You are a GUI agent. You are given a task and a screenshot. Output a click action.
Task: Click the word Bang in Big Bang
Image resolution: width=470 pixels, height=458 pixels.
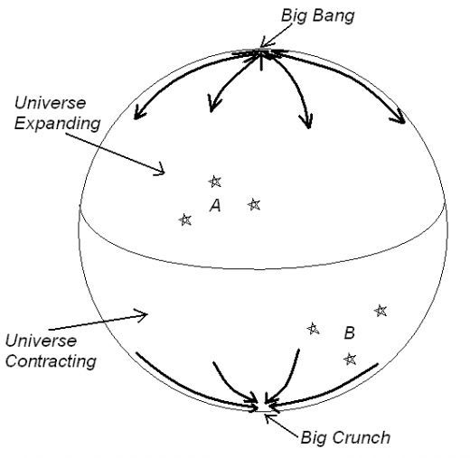click(x=334, y=16)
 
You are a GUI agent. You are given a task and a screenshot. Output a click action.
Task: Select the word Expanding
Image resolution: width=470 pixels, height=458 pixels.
click(x=57, y=124)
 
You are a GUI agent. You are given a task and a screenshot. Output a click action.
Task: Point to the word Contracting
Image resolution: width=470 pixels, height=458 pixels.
click(x=51, y=361)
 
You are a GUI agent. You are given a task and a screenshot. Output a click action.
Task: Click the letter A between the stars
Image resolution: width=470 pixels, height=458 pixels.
click(x=215, y=206)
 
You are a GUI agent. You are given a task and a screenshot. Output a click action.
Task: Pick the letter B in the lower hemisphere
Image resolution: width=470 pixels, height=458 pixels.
click(x=350, y=332)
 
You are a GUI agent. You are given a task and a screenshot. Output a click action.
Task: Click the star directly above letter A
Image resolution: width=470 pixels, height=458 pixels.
click(x=215, y=182)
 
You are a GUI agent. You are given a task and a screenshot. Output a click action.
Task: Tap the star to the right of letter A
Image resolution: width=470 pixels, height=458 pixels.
click(x=254, y=204)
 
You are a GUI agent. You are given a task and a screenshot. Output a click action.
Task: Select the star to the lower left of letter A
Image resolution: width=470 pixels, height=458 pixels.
click(x=185, y=220)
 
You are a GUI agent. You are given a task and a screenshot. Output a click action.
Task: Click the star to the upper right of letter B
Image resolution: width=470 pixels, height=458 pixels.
click(x=381, y=311)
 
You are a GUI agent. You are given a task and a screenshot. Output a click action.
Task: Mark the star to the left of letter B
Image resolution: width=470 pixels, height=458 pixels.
click(x=313, y=329)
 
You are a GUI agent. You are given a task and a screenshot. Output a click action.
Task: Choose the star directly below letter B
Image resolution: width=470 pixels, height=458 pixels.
click(x=350, y=359)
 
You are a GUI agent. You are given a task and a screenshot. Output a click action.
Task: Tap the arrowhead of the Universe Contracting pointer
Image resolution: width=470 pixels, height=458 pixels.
click(x=143, y=314)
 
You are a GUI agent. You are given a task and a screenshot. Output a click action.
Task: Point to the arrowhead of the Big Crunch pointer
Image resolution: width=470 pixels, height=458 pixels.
click(x=268, y=417)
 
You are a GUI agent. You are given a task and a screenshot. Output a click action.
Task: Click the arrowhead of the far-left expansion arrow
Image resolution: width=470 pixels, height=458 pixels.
click(x=138, y=114)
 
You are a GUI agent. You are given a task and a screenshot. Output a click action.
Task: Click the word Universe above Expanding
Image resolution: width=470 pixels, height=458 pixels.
click(x=50, y=103)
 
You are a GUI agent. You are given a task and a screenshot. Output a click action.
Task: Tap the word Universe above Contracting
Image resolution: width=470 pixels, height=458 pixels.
click(x=41, y=341)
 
